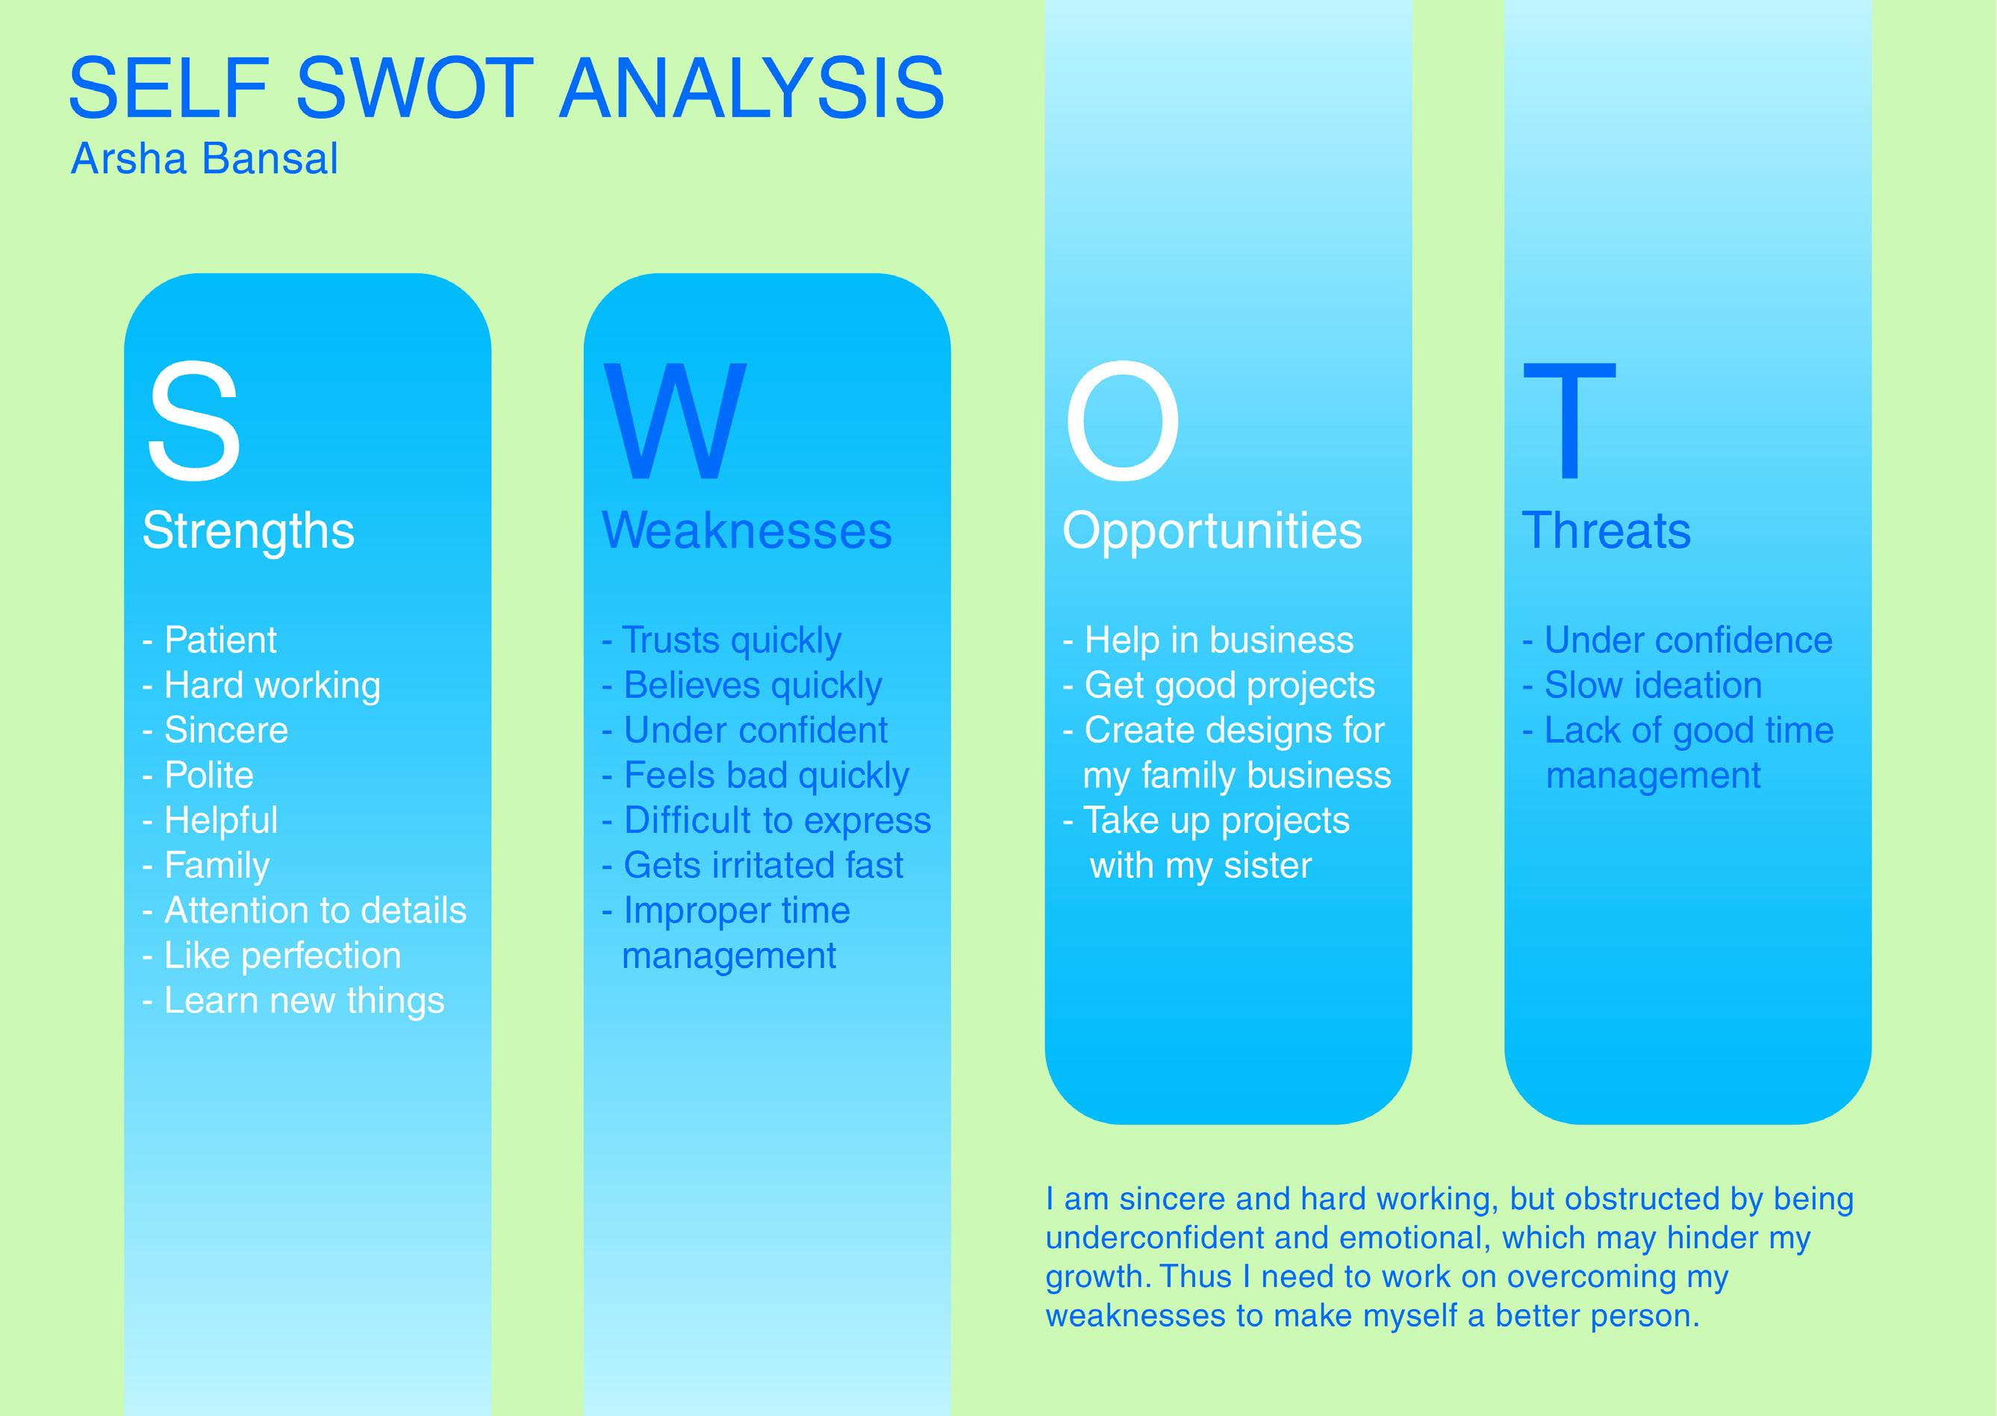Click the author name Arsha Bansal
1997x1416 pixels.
(204, 159)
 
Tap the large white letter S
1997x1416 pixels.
(193, 420)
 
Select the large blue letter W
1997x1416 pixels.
(674, 420)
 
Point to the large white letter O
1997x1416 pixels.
(1122, 420)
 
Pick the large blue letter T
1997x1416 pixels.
(1568, 420)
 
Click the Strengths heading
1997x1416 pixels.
(249, 530)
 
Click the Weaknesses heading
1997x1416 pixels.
(747, 530)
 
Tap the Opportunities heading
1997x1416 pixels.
(1212, 530)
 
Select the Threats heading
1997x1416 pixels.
(1607, 530)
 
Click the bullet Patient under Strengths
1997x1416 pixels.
(219, 640)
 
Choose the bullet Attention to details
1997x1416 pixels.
(314, 911)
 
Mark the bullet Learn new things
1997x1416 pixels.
(304, 1000)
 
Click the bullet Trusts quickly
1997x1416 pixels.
(731, 640)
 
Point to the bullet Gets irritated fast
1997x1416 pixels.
(762, 865)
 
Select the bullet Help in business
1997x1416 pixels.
(1218, 640)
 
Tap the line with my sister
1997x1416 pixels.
(1200, 866)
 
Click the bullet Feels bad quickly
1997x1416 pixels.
(766, 775)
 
